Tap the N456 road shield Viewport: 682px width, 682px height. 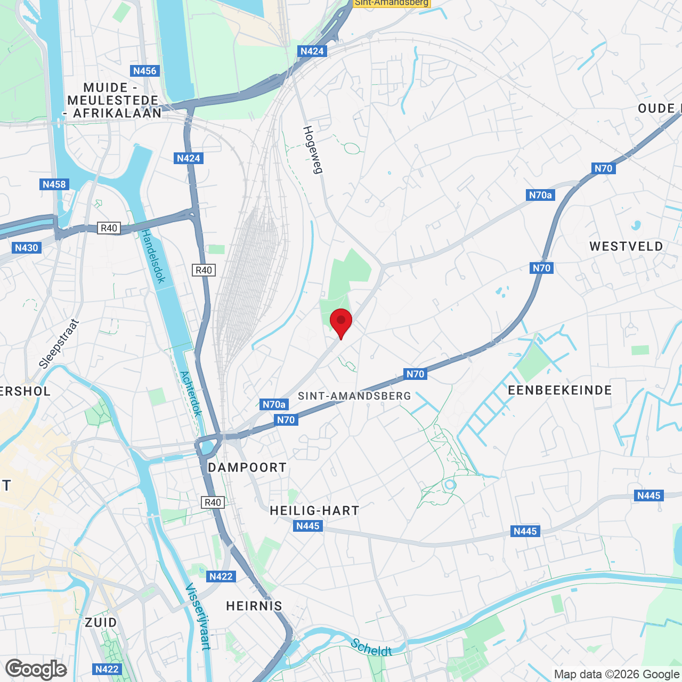[x=144, y=71]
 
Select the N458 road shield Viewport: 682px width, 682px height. [x=54, y=184]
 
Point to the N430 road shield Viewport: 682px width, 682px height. [x=26, y=247]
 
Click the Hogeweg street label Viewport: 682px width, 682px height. [x=313, y=150]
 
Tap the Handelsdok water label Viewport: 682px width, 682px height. [x=153, y=256]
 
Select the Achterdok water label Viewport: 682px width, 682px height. [x=191, y=394]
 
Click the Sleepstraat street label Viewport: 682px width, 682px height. [x=59, y=344]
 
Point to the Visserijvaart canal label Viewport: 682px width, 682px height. [x=198, y=616]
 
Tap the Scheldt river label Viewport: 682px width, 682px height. [x=371, y=648]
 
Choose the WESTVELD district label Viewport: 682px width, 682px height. [x=626, y=246]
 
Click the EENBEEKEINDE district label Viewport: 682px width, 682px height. [x=560, y=390]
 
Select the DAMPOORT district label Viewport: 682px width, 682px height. [x=247, y=467]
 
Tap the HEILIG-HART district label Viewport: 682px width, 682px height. [x=314, y=510]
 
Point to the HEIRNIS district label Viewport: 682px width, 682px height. [x=254, y=606]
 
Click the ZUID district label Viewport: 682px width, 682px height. [x=101, y=622]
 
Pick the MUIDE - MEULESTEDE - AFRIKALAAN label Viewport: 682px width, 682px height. [x=113, y=100]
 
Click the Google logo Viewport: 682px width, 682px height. [x=36, y=669]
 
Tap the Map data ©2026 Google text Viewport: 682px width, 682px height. [x=616, y=675]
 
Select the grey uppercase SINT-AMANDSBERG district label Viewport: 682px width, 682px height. [x=354, y=396]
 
